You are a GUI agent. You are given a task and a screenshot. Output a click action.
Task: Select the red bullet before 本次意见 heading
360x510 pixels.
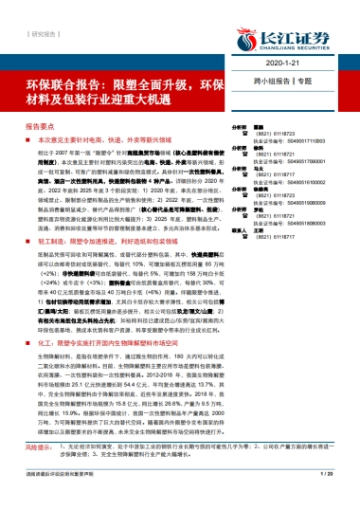pyautogui.click(x=29, y=138)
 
